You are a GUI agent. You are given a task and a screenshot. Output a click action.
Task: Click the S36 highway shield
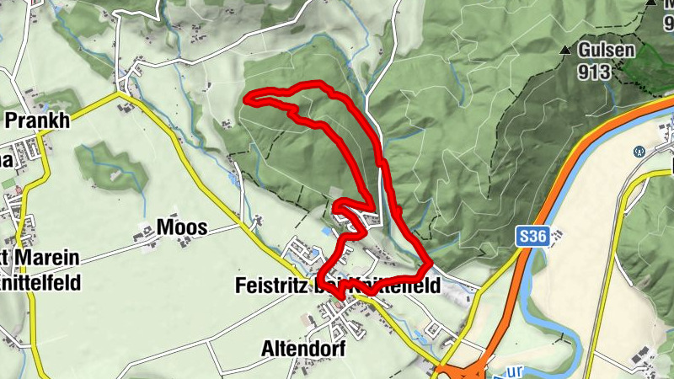pyautogui.click(x=533, y=238)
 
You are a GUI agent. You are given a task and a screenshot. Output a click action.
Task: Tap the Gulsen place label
pyautogui.click(x=606, y=51)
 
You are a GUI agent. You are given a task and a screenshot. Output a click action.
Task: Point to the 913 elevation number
pyautogui.click(x=594, y=72)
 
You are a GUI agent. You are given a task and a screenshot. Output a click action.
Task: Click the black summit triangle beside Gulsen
pyautogui.click(x=564, y=51)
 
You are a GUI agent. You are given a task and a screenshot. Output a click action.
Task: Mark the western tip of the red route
pyautogui.click(x=247, y=100)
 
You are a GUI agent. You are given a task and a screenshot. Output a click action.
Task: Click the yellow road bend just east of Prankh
pyautogui.click(x=118, y=99)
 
